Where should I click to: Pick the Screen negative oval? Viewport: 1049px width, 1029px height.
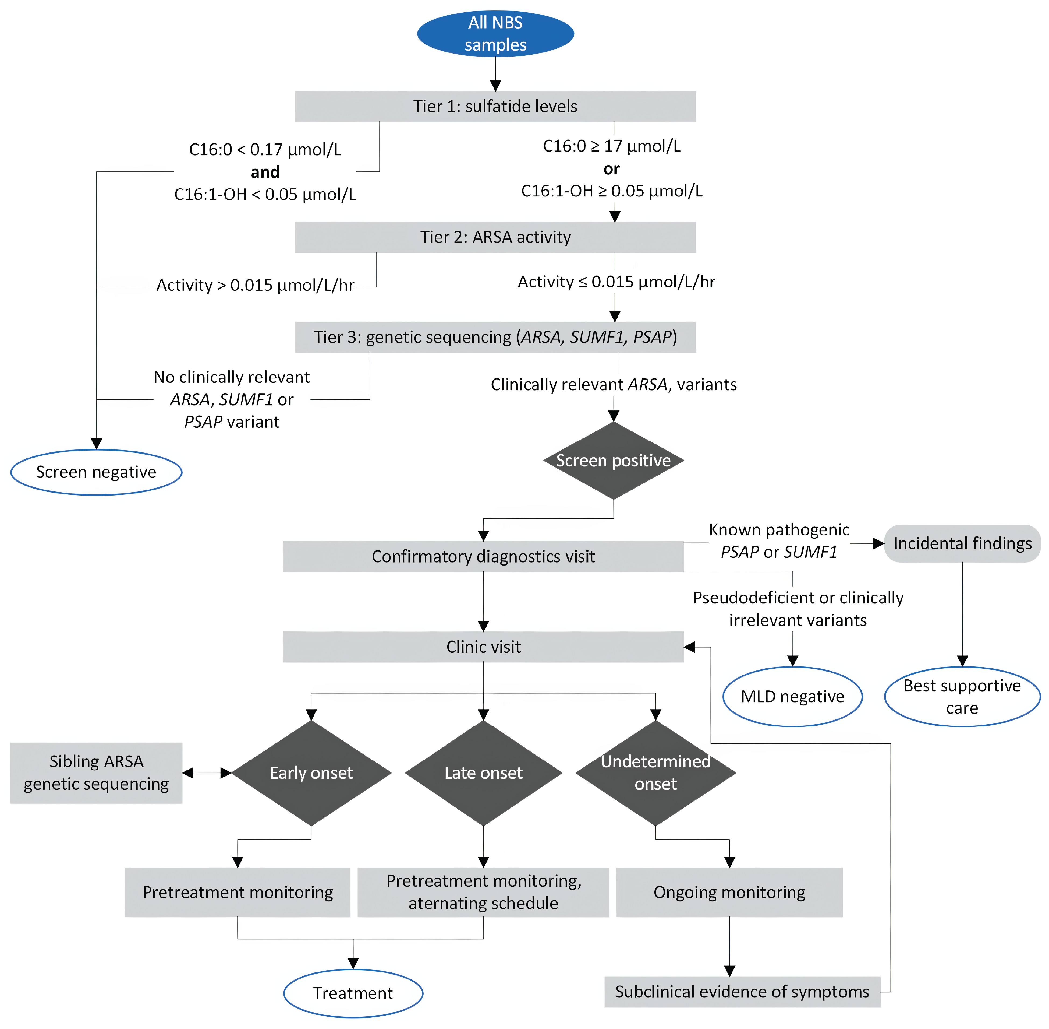pos(96,472)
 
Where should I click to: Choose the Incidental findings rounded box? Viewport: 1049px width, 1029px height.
pos(962,544)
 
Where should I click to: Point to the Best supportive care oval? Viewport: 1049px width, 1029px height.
pos(962,697)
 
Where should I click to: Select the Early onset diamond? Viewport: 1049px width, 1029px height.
pos(311,773)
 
